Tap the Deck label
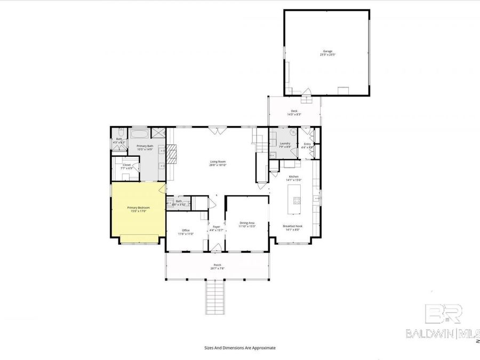(294, 113)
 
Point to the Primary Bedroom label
(138, 209)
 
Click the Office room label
(185, 232)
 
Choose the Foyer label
(217, 228)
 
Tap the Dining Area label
(247, 225)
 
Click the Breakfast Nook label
(291, 228)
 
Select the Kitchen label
(294, 178)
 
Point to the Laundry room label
(285, 145)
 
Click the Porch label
(218, 267)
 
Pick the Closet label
(126, 166)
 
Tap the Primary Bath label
(145, 148)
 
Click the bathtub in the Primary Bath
(140, 133)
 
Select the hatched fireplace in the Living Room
(172, 154)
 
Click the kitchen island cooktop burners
(297, 201)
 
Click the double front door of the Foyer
(217, 247)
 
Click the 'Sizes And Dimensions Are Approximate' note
(240, 347)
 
